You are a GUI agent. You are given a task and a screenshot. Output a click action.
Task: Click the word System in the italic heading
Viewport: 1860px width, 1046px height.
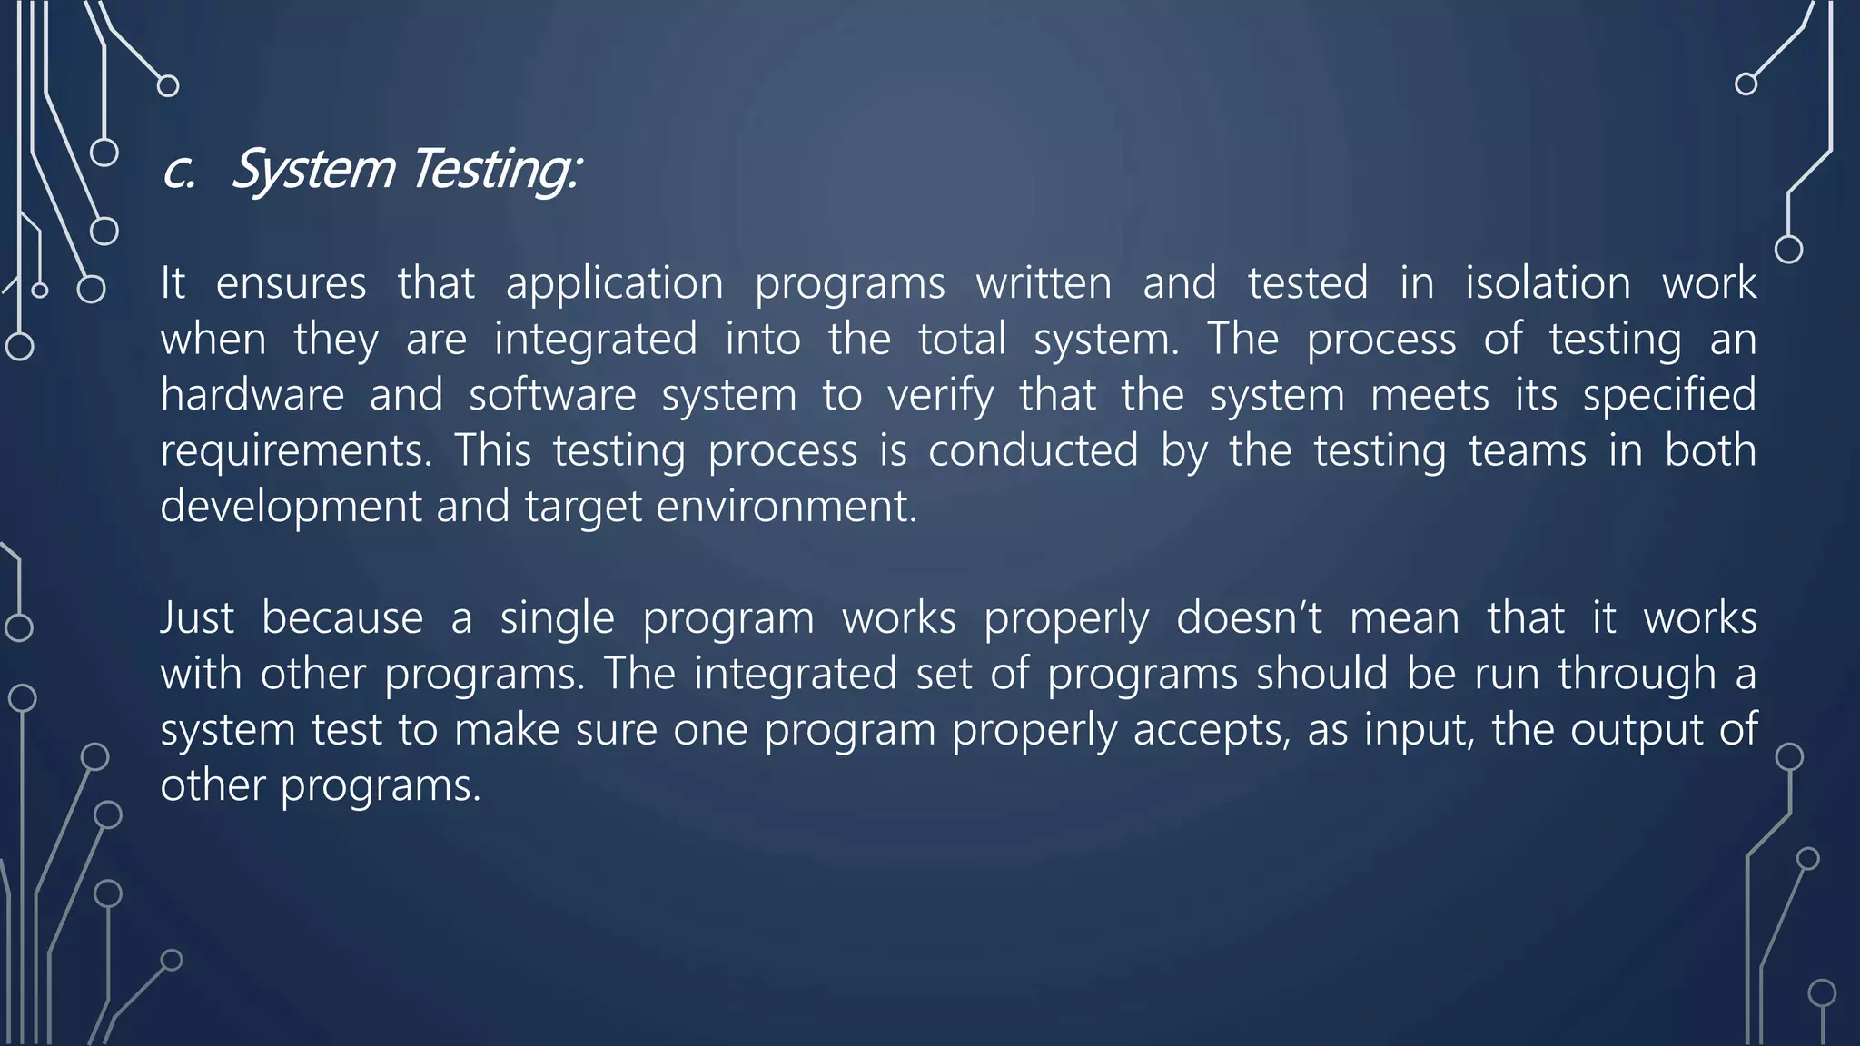point(313,170)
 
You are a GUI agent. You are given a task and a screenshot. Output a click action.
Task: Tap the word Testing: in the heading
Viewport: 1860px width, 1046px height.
point(495,170)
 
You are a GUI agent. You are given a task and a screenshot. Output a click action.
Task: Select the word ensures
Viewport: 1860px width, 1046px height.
point(291,283)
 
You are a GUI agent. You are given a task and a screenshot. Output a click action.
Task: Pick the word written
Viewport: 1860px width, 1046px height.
point(1044,283)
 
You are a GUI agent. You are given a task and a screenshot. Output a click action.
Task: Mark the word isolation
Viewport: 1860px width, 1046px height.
point(1548,283)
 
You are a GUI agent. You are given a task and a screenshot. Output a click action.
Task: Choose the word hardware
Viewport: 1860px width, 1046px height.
point(252,395)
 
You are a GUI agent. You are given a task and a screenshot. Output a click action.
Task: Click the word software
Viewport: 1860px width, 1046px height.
point(552,395)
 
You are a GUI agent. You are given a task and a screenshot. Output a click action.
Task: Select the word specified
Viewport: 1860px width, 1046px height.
point(1669,395)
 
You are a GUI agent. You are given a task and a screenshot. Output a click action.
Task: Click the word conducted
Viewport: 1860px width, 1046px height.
point(1033,450)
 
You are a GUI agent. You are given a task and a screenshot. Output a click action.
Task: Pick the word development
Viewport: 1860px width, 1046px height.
point(291,508)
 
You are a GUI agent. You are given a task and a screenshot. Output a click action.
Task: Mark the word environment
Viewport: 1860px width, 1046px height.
point(787,507)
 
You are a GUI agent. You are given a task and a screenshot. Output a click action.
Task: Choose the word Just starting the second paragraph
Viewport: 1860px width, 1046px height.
point(197,618)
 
